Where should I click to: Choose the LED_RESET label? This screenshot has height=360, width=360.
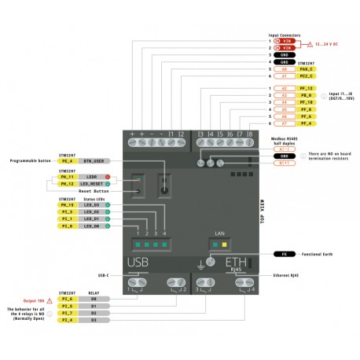coord(89,183)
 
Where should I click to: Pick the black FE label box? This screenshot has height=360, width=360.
coord(284,255)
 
